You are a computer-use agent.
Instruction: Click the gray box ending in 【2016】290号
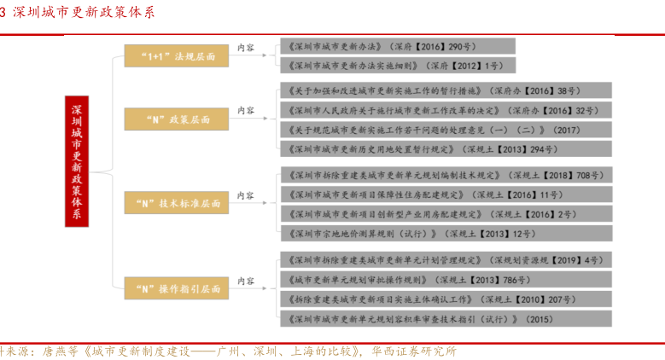[398, 47]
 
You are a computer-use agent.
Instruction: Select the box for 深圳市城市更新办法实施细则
[398, 65]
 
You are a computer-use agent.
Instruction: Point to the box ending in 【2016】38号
[445, 90]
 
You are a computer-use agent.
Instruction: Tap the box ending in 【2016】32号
[445, 110]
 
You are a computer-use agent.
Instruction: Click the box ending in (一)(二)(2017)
[445, 130]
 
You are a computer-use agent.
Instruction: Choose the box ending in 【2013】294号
[445, 149]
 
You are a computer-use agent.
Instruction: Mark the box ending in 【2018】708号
[445, 175]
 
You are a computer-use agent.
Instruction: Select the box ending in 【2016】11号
[445, 195]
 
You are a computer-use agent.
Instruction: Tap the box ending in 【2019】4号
[445, 259]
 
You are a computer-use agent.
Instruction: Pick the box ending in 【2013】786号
[445, 279]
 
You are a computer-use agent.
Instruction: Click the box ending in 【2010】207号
[445, 299]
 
